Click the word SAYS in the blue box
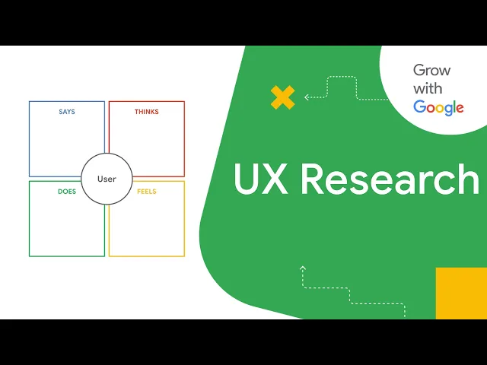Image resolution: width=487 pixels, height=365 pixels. click(x=67, y=112)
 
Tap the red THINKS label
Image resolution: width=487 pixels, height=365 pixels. click(x=147, y=112)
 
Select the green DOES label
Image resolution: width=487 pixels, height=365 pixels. click(x=67, y=192)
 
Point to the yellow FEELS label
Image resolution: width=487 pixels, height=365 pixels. click(x=147, y=192)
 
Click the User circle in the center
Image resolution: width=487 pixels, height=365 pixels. click(x=107, y=179)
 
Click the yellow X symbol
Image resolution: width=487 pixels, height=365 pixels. click(x=282, y=97)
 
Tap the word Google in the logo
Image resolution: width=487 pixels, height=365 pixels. click(x=438, y=107)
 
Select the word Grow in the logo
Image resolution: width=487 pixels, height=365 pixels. click(x=431, y=71)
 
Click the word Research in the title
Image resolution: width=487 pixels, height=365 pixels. click(x=390, y=179)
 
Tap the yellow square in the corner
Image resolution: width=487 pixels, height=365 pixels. click(x=461, y=293)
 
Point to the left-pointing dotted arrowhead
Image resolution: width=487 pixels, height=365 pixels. click(x=307, y=97)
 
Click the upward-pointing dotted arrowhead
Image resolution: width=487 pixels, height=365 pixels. click(x=303, y=268)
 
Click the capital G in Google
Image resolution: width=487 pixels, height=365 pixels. click(x=419, y=106)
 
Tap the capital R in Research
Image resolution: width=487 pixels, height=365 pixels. click(x=315, y=179)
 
